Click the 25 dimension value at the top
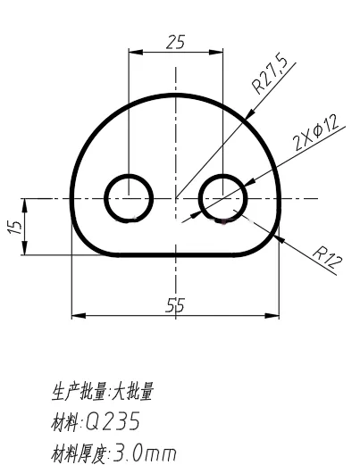tap(175, 42)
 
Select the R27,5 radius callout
tap(270, 73)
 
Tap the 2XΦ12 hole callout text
tap(316, 132)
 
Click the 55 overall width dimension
tap(175, 305)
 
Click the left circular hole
tap(129, 198)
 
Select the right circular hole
tap(223, 198)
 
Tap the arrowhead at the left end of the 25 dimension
tap(136, 53)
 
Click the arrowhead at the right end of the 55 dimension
tap(272, 316)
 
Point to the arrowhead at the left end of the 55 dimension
tap(79, 316)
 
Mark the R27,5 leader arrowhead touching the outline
tap(250, 114)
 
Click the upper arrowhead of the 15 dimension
tap(25, 205)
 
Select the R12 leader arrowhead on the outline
tap(280, 239)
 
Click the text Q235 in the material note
tap(113, 421)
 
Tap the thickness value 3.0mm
tap(145, 453)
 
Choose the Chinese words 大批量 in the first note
tap(132, 392)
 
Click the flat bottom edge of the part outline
tap(177, 255)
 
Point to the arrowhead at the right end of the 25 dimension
tap(216, 53)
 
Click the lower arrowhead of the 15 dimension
tap(25, 248)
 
